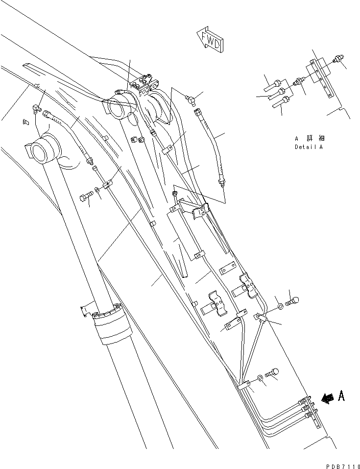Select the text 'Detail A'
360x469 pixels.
point(309,147)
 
